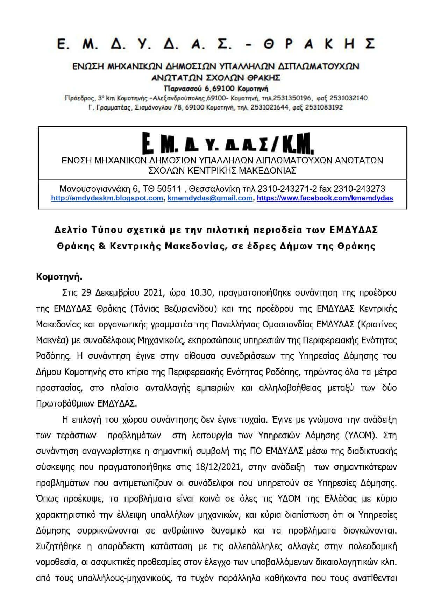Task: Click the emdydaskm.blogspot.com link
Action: [107, 198]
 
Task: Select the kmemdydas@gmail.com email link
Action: [210, 198]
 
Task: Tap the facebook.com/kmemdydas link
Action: [325, 198]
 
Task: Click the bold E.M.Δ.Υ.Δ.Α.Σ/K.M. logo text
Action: [229, 144]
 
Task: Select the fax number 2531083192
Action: [324, 107]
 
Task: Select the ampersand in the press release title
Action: [102, 246]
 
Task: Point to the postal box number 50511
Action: [169, 189]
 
